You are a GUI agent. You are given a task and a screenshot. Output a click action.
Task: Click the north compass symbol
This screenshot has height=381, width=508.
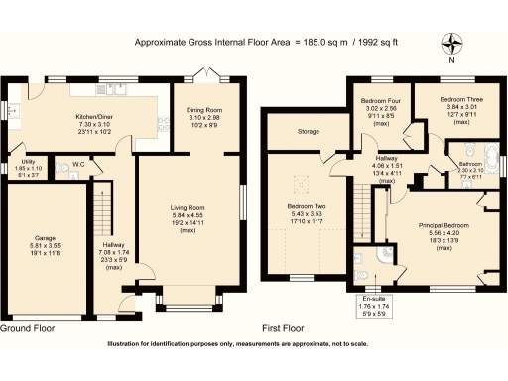tap(454, 44)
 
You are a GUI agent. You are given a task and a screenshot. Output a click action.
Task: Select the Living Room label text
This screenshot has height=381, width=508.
tap(188, 207)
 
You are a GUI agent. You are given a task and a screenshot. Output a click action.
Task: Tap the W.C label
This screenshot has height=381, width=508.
tap(77, 165)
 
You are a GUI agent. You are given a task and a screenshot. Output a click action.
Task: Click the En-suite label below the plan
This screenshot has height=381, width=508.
tap(373, 298)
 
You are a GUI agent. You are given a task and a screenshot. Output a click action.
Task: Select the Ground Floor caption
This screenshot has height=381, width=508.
tap(29, 327)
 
